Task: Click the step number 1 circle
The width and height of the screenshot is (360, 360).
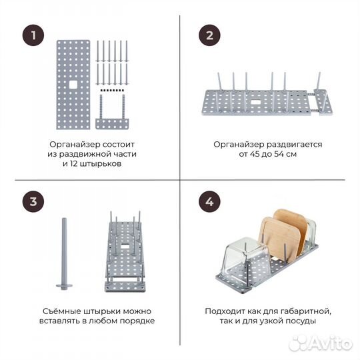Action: click(33, 35)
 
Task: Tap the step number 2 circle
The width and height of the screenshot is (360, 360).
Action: click(209, 35)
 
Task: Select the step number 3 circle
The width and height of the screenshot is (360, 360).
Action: click(33, 201)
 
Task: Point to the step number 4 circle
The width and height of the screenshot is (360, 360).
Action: click(209, 201)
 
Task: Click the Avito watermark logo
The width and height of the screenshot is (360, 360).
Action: click(321, 343)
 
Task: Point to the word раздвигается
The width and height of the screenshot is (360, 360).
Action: click(295, 145)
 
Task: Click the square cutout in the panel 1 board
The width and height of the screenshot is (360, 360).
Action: click(73, 84)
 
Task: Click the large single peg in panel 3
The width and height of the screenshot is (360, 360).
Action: click(64, 254)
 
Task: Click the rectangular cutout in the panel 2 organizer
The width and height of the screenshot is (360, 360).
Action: click(255, 102)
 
